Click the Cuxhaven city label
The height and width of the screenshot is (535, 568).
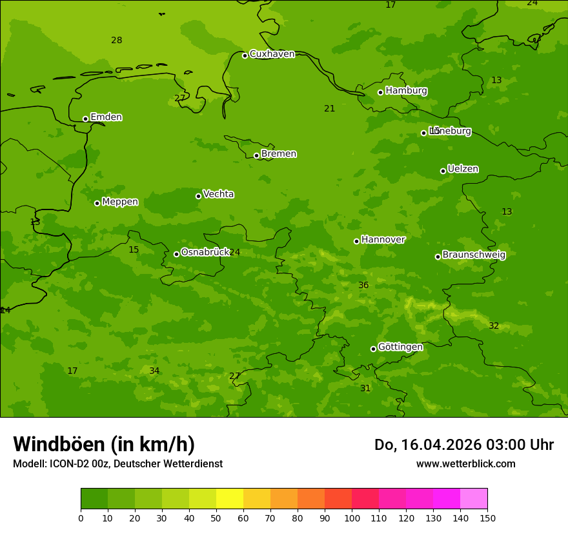point(272,54)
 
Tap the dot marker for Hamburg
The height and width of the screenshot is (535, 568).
point(380,92)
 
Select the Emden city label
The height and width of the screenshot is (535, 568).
point(106,117)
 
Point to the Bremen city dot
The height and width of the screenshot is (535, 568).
point(256,155)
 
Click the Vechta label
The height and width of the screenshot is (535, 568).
point(218,194)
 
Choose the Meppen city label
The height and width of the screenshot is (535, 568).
point(120,202)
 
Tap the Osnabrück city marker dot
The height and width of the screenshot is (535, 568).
point(176,254)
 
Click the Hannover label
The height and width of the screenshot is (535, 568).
point(383,240)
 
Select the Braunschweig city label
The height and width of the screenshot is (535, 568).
point(474,255)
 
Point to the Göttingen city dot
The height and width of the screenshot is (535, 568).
point(373,349)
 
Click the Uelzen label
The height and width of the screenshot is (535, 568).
point(463,170)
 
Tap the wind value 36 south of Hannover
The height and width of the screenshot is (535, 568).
point(363,286)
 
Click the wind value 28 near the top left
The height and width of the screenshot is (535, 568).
point(116,41)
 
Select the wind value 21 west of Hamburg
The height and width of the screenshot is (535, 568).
point(329,109)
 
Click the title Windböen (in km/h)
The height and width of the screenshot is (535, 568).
point(104,444)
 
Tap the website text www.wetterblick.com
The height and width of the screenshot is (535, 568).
point(465,464)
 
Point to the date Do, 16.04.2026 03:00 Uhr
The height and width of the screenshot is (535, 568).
point(463,445)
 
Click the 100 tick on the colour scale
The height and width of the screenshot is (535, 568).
point(352,518)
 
